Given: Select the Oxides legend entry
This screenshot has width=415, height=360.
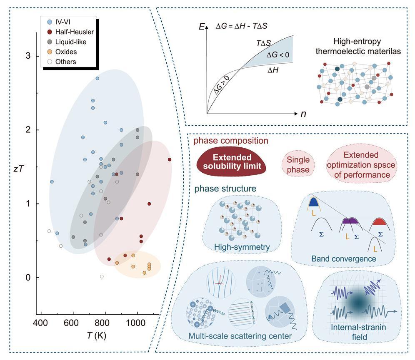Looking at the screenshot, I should click(66, 52).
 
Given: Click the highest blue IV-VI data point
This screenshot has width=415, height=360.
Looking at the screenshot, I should click(97, 78).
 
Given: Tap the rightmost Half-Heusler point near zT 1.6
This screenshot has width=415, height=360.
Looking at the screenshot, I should click(169, 159).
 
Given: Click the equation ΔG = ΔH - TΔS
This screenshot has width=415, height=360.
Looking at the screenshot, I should click(241, 26).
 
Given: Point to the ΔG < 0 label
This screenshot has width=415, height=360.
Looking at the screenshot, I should click(280, 55).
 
